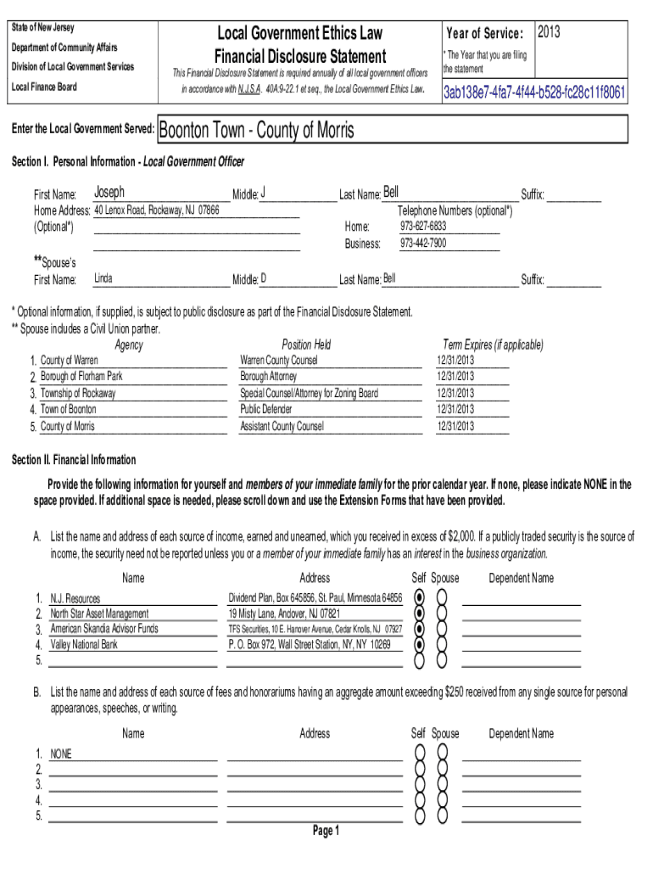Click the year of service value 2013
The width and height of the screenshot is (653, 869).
(x=549, y=32)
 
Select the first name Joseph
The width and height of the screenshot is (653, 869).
(x=109, y=193)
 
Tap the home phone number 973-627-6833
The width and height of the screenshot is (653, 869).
(x=423, y=227)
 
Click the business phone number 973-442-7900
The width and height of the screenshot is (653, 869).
(x=423, y=244)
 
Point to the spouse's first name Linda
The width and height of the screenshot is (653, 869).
(x=103, y=278)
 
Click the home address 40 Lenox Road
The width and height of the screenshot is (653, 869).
(x=156, y=210)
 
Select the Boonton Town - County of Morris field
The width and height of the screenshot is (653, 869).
(x=257, y=130)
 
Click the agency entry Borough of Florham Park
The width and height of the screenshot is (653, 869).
(x=81, y=376)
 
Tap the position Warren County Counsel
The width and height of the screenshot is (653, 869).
(x=279, y=360)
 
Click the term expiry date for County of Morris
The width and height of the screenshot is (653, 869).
(x=455, y=426)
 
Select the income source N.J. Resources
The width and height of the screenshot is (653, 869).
(x=75, y=598)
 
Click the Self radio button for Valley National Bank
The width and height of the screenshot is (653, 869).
(x=418, y=645)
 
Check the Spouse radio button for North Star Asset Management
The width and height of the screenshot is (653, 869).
(x=441, y=614)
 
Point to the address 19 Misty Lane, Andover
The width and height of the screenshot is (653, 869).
(x=284, y=614)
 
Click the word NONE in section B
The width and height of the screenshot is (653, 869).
(x=61, y=753)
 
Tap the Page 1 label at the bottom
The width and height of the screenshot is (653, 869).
(x=326, y=831)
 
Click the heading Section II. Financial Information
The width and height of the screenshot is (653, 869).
(x=73, y=460)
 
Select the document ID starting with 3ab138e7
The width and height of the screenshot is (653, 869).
(x=534, y=92)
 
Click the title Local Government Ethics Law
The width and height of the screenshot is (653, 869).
(x=300, y=34)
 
